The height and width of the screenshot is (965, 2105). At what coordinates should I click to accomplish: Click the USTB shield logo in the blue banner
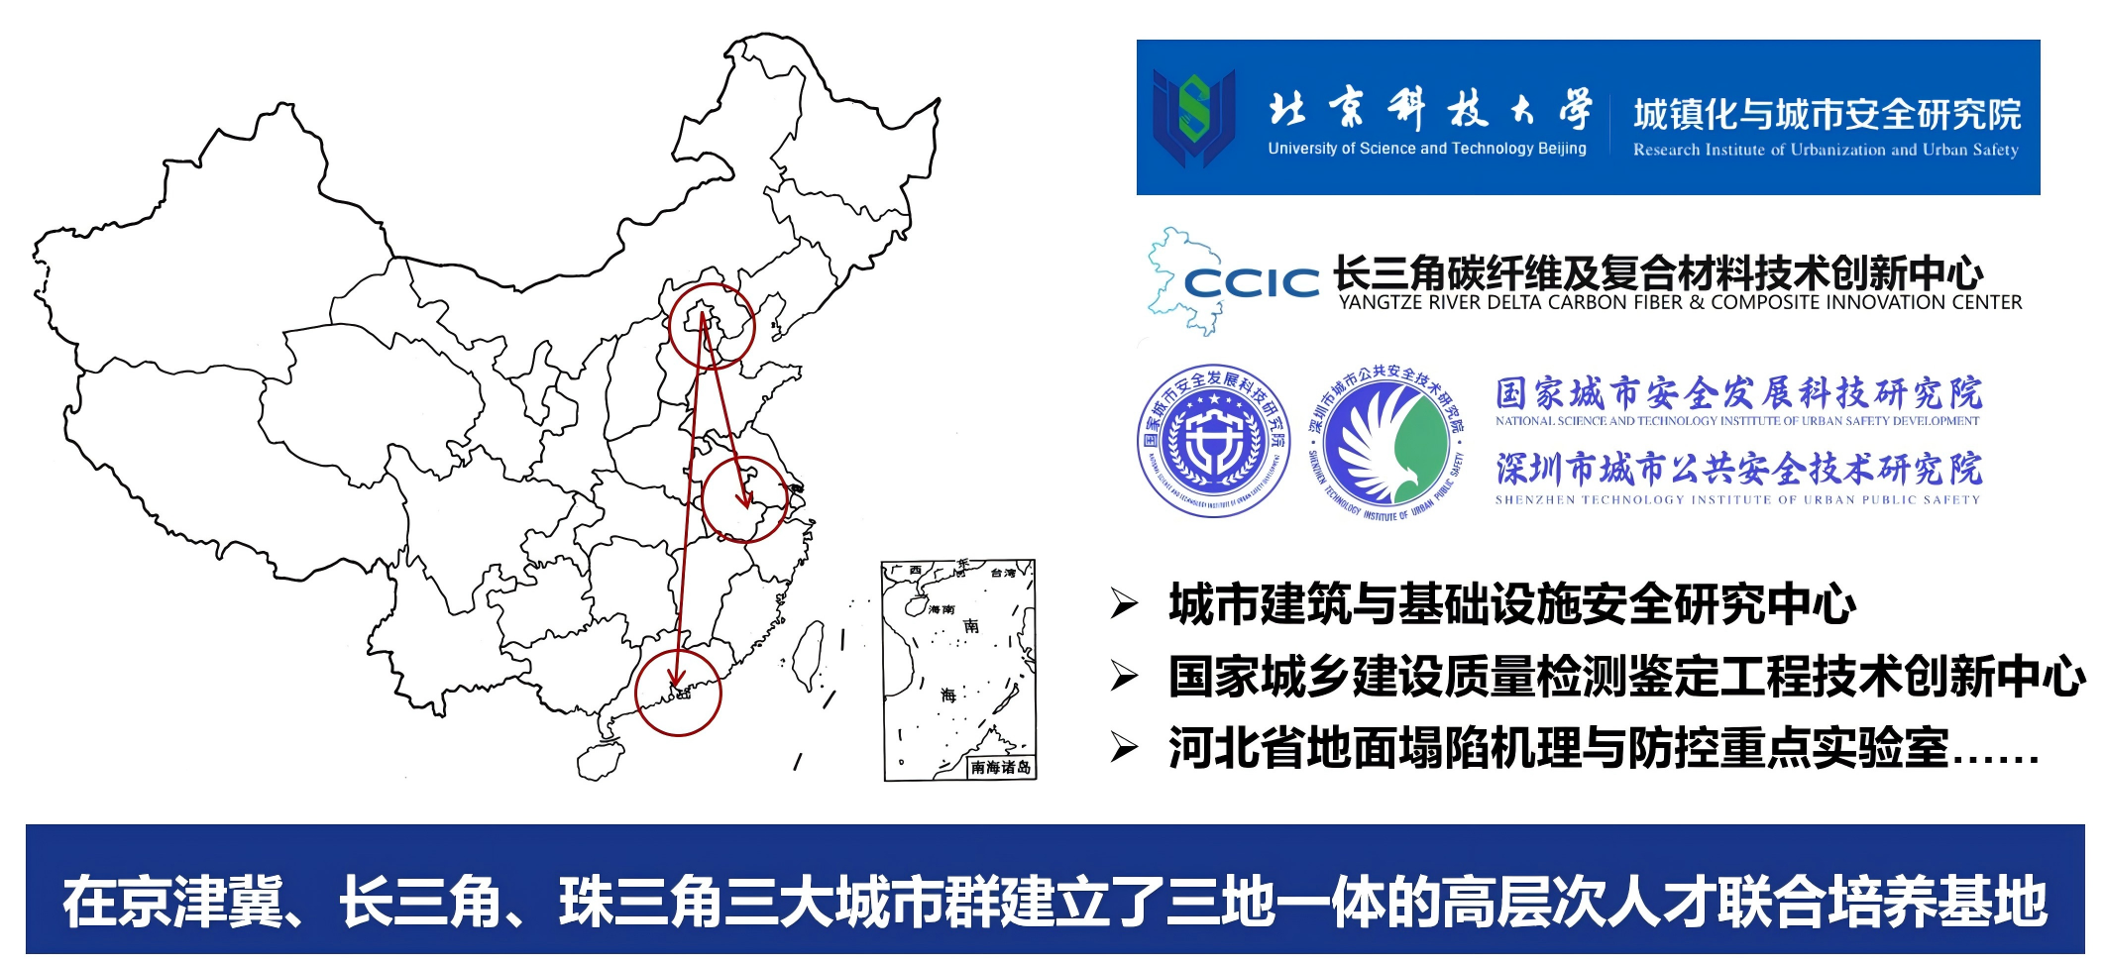pos(1193,117)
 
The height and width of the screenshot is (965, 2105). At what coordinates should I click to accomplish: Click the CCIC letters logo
pos(1252,283)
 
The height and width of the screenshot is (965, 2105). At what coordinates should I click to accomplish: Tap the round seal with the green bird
pos(1385,441)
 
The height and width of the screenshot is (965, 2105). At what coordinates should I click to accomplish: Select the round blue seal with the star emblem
pos(1214,441)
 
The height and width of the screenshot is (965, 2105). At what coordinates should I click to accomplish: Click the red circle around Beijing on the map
pos(712,327)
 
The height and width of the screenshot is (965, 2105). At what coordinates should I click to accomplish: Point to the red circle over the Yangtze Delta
pos(744,499)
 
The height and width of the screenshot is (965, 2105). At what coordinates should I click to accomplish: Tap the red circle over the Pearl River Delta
pos(678,693)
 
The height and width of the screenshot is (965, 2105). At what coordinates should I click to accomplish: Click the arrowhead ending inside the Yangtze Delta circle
pos(745,498)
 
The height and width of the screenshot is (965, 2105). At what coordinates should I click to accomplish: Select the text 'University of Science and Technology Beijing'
pos(1426,149)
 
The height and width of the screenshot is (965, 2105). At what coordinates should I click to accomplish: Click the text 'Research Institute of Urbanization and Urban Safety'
pos(1826,151)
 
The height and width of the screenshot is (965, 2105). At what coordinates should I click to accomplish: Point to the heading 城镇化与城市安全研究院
pos(1827,114)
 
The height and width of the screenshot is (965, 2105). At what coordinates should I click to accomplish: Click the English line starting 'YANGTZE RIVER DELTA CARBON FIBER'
pos(1680,302)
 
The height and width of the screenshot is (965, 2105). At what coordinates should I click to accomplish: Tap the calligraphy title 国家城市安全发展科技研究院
pos(1738,393)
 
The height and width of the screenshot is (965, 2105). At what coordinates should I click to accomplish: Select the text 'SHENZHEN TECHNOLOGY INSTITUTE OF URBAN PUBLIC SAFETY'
pos(1737,500)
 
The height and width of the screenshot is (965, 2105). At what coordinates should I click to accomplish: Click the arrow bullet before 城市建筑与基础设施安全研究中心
pos(1124,602)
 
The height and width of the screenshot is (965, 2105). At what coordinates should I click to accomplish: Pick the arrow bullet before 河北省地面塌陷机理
pos(1124,747)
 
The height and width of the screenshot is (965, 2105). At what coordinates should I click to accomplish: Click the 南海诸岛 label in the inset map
pos(1001,767)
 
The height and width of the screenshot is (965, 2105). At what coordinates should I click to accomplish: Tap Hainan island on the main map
pos(600,761)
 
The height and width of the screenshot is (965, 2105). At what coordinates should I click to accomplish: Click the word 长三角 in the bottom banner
pos(420,901)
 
